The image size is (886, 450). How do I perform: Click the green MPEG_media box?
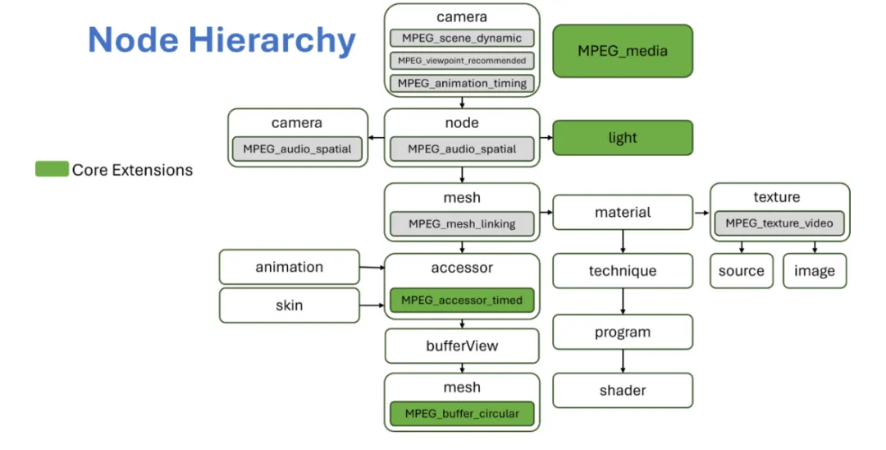(x=623, y=51)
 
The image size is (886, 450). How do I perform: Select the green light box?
(x=623, y=138)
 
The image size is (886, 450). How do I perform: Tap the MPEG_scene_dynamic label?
(x=462, y=38)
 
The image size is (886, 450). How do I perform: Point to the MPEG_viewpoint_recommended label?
(x=462, y=61)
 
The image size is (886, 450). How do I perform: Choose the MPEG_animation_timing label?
(x=462, y=83)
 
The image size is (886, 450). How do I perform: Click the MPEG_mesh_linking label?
(x=462, y=223)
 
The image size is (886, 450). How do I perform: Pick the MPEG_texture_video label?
(x=779, y=223)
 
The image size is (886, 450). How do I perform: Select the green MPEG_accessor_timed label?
(x=462, y=301)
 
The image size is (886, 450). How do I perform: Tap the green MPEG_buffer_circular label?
(x=462, y=414)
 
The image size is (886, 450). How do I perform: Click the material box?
(x=623, y=213)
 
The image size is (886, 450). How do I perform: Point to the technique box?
(x=623, y=271)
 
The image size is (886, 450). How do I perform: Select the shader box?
(x=623, y=391)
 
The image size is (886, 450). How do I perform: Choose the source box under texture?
(x=741, y=271)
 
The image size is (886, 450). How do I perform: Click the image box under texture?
(x=815, y=271)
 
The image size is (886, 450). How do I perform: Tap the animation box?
(x=290, y=267)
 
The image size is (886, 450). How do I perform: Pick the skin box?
(x=290, y=305)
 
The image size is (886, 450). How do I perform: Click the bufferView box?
(x=462, y=346)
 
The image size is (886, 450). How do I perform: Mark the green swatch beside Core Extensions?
(x=52, y=170)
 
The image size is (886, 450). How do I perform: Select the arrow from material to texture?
(x=701, y=213)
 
